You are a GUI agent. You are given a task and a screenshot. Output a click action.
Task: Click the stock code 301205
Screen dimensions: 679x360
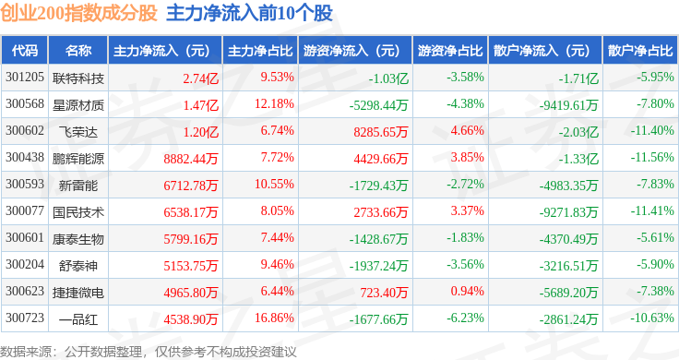point(25,78)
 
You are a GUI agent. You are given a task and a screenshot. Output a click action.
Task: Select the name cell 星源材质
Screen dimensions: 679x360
point(78,105)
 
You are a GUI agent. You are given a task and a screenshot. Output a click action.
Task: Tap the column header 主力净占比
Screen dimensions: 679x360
point(260,51)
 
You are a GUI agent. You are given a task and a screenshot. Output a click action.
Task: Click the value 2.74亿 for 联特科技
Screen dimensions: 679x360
point(200,78)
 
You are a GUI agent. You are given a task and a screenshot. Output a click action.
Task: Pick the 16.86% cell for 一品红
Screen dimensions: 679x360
point(275,318)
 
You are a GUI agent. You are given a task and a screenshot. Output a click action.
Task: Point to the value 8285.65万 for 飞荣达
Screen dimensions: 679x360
point(381,132)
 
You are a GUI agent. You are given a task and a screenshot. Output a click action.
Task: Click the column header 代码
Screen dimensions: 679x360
point(25,51)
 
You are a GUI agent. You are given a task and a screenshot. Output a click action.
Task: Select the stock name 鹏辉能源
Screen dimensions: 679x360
point(78,159)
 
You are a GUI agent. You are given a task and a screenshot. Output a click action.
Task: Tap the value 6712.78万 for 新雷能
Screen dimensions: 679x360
point(191,186)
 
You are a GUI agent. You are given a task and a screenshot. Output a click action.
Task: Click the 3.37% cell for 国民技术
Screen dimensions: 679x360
point(467,211)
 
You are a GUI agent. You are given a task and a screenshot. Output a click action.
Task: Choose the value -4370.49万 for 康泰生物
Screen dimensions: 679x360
point(568,239)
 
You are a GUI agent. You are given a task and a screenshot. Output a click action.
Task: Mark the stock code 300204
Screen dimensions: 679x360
point(25,264)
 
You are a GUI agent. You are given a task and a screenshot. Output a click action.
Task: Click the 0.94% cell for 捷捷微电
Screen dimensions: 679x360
point(467,291)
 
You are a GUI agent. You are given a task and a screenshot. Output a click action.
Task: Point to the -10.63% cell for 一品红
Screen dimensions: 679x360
point(652,318)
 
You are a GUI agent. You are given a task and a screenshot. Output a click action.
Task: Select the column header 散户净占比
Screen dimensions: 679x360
point(640,51)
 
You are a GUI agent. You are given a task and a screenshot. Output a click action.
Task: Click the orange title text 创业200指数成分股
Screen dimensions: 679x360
point(78,13)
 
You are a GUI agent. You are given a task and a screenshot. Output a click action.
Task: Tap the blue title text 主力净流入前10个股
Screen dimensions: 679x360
point(249,13)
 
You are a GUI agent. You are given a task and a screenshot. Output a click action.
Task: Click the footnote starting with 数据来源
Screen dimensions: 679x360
point(149,352)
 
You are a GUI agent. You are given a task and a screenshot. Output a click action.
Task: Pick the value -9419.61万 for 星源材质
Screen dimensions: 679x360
point(568,105)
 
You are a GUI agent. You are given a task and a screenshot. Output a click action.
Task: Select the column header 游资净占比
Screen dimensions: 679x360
point(450,51)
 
